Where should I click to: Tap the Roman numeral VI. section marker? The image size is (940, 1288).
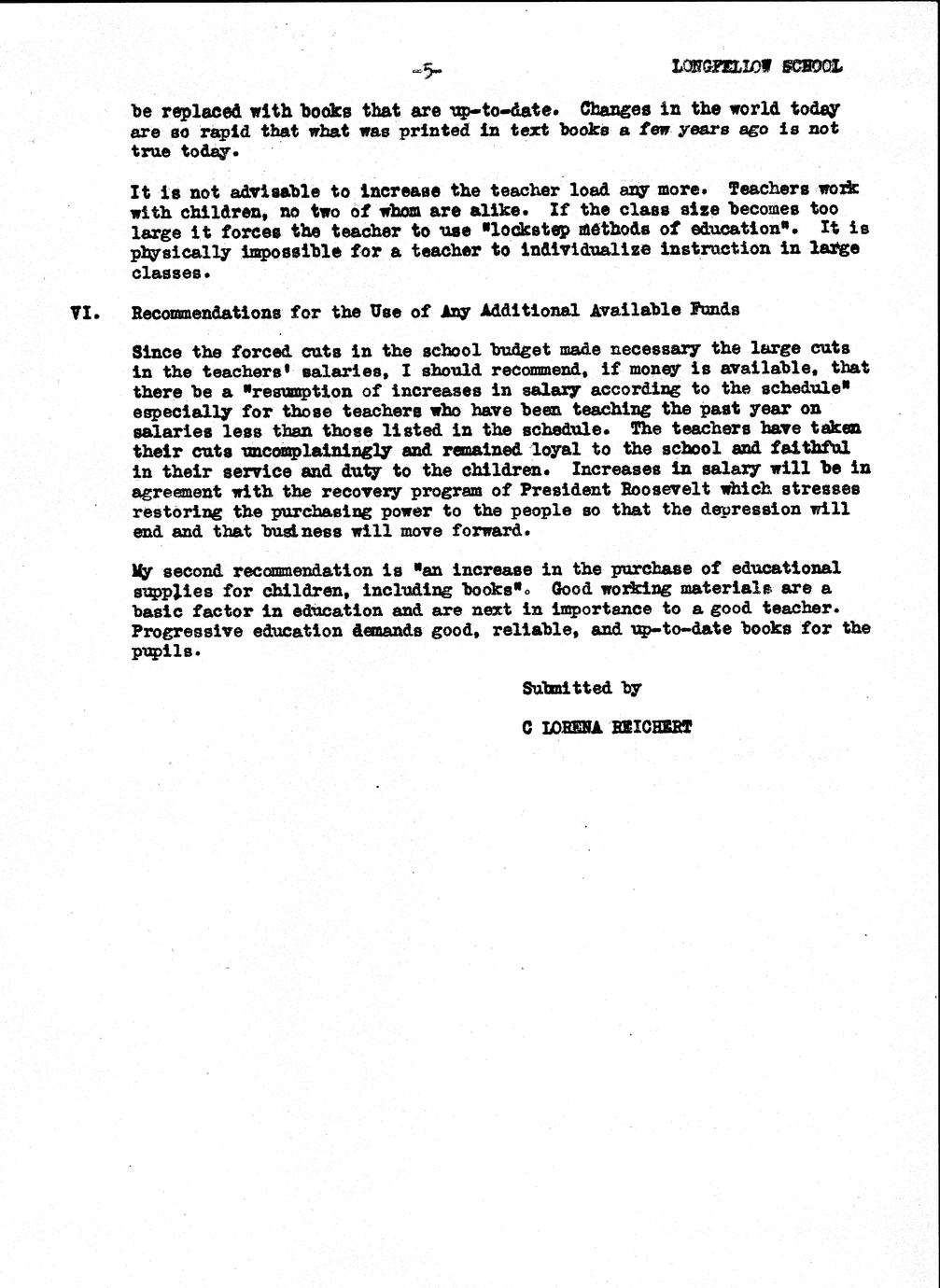(86, 312)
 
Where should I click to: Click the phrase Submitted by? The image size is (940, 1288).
(581, 689)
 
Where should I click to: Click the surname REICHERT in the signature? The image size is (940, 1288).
(652, 728)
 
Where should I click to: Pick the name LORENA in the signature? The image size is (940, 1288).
(569, 728)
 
